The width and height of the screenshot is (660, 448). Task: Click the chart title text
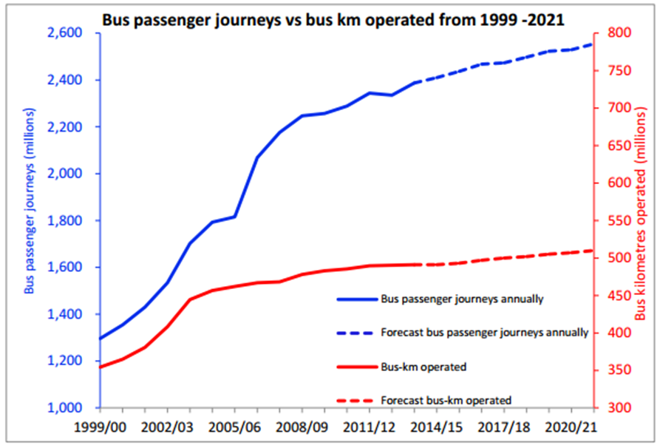click(333, 19)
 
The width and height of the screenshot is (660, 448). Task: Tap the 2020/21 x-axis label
click(570, 427)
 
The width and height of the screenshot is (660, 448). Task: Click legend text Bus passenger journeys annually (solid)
click(462, 299)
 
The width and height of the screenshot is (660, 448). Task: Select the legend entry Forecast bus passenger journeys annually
click(484, 333)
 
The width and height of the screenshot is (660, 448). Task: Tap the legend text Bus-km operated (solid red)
click(423, 366)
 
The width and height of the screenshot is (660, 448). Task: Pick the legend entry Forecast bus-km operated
click(446, 399)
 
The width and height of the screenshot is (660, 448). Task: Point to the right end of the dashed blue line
click(593, 44)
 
